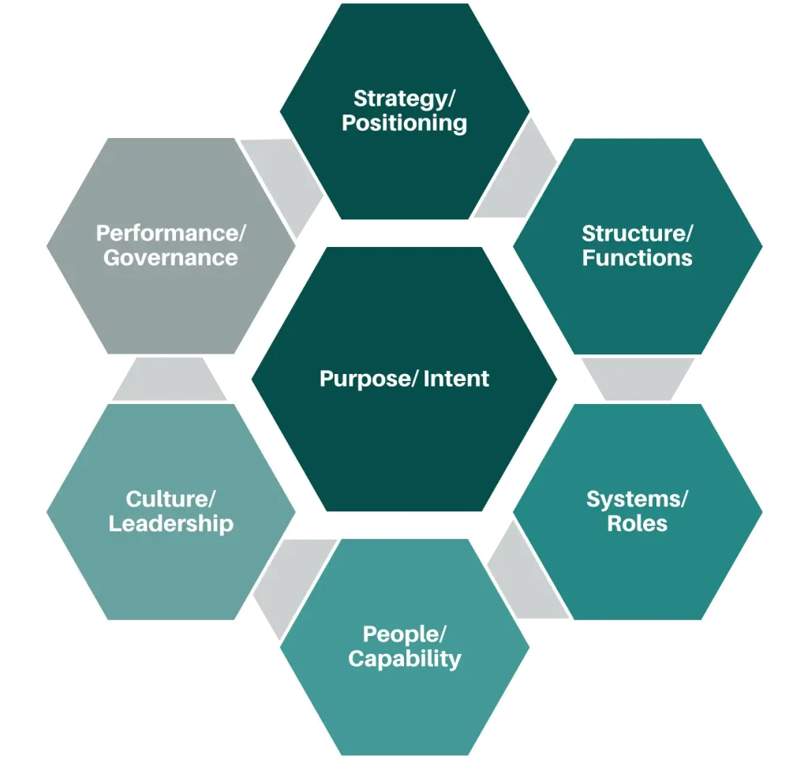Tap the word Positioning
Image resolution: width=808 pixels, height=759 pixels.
pyautogui.click(x=405, y=123)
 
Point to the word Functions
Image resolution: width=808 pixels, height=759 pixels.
pyautogui.click(x=638, y=258)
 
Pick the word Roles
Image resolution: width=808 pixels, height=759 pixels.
pyautogui.click(x=638, y=523)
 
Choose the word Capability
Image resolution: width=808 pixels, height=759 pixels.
pyautogui.click(x=405, y=658)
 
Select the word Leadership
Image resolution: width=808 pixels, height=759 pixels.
pyautogui.click(x=171, y=523)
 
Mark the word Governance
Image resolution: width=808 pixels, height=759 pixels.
pyautogui.click(x=171, y=258)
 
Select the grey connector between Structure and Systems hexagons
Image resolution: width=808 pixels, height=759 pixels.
pyautogui.click(x=638, y=379)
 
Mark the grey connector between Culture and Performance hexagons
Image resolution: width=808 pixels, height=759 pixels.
pyautogui.click(x=170, y=379)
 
